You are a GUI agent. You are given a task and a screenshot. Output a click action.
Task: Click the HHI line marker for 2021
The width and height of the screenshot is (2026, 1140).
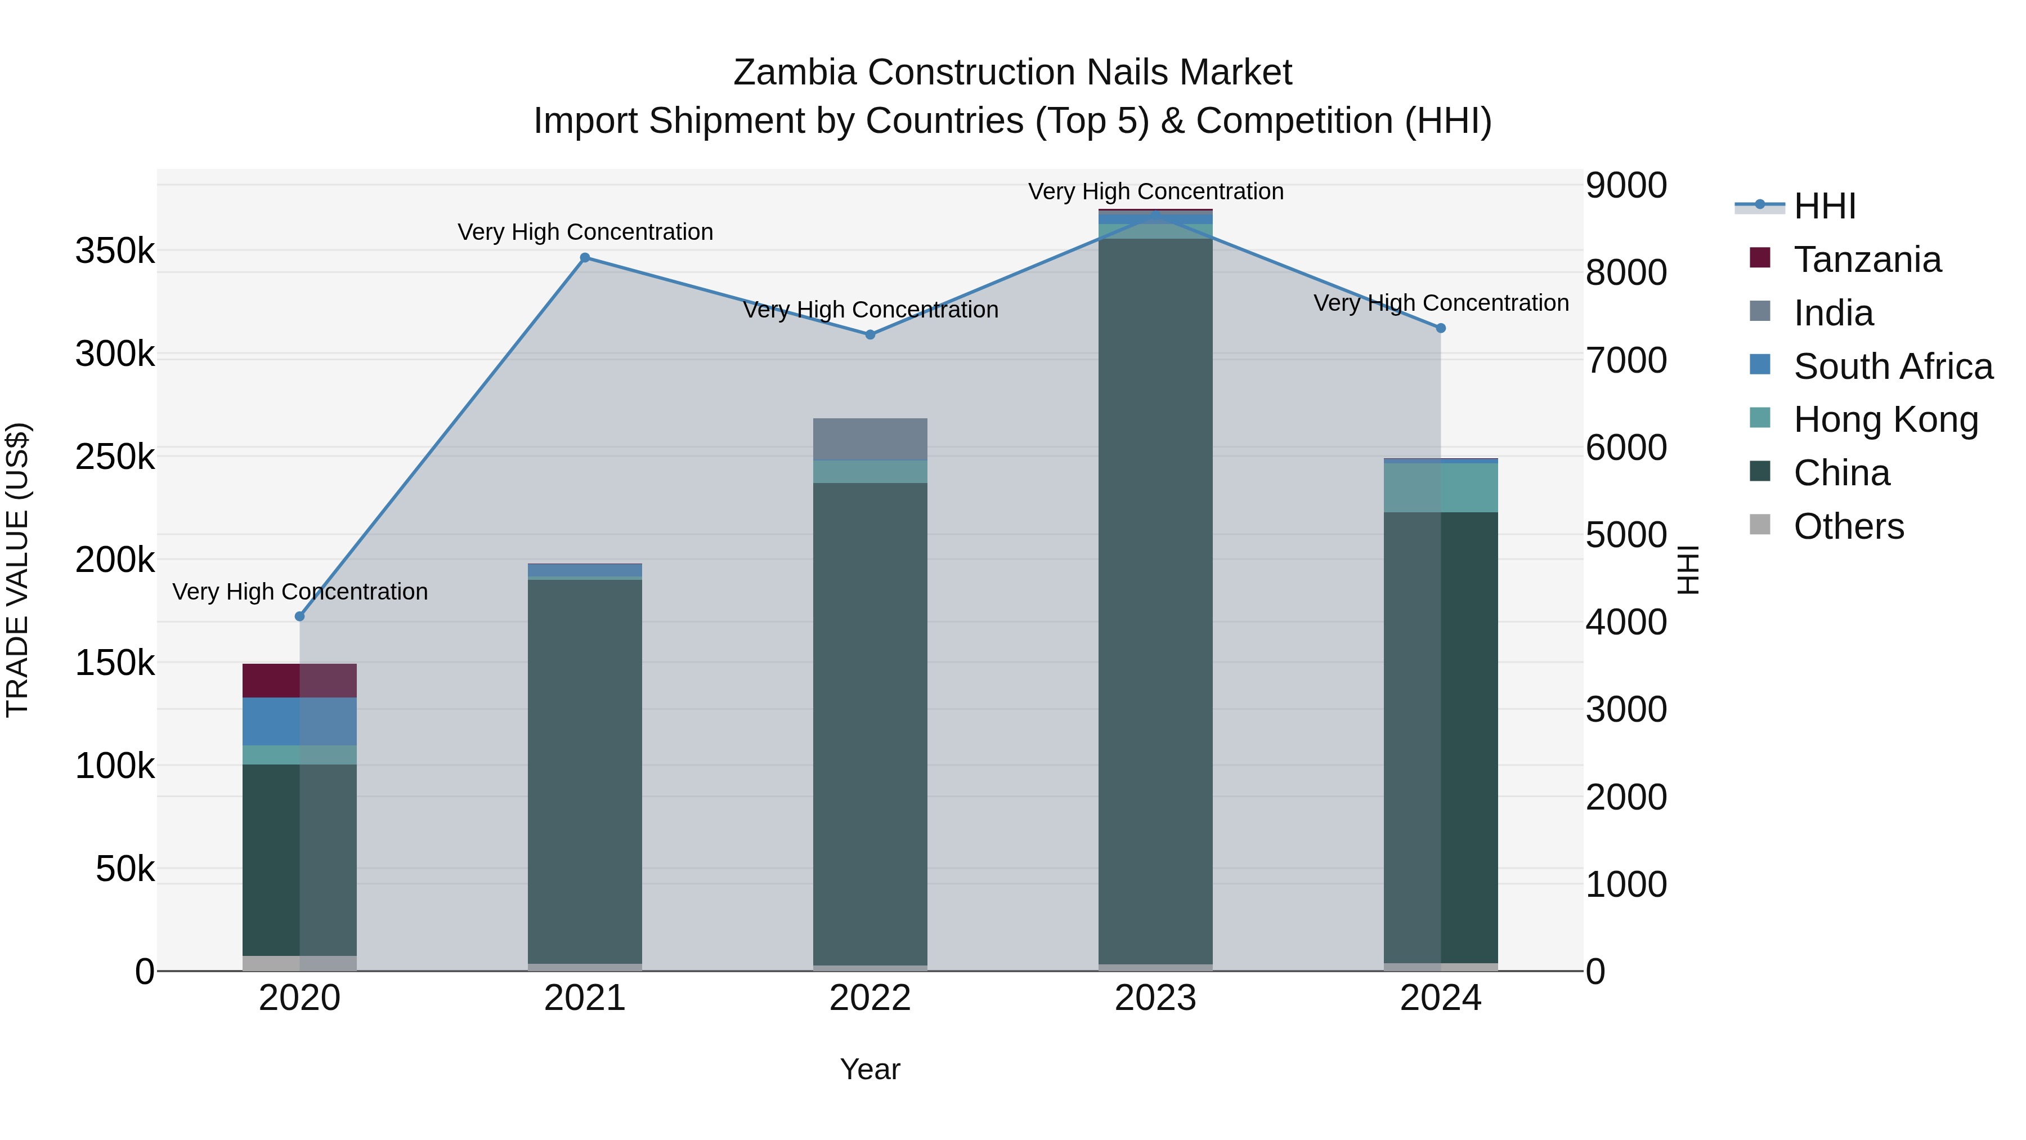coord(585,258)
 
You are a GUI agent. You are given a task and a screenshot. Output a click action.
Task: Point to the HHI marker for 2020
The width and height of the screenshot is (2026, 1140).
coord(299,616)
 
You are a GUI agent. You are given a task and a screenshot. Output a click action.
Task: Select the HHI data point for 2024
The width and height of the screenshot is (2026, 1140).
coord(1441,328)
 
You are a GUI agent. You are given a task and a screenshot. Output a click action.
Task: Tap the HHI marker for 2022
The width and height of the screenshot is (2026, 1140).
coord(870,334)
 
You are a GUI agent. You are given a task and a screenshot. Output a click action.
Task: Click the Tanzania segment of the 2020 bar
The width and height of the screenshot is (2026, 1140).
coord(299,681)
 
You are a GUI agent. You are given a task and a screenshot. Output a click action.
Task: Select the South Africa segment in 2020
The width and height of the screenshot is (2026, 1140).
coord(299,722)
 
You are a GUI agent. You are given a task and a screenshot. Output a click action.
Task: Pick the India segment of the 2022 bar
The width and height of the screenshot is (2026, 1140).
coord(870,439)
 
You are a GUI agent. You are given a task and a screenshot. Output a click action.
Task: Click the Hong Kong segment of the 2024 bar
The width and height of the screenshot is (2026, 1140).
coord(1441,488)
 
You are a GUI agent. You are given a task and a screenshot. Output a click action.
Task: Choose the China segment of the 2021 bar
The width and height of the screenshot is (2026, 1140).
coord(585,771)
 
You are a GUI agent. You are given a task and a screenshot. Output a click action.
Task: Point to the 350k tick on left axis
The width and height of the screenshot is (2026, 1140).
coord(115,252)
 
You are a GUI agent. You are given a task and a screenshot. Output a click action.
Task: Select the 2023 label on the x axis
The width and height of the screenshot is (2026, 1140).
coord(1155,998)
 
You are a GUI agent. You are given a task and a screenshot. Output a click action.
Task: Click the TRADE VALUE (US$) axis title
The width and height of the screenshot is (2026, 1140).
coord(18,570)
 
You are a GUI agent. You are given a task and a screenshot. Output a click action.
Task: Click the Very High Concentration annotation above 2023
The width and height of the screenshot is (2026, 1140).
coord(1155,192)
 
